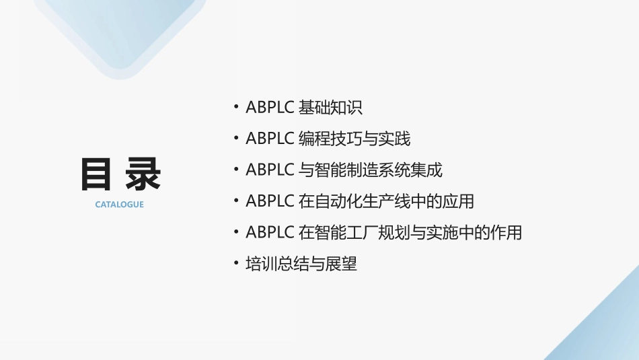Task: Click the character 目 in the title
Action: (x=96, y=175)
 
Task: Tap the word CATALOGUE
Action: (x=119, y=205)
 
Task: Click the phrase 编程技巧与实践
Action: (x=354, y=139)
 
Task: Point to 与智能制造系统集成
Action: (x=370, y=170)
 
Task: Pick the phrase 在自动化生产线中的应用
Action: (x=385, y=201)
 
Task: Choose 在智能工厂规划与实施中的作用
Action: (x=410, y=233)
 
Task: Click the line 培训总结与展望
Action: (x=301, y=264)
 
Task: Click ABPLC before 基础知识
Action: (x=270, y=107)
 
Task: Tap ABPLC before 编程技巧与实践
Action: (x=270, y=139)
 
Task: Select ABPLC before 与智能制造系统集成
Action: (x=270, y=170)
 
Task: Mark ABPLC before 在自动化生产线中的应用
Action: (x=270, y=201)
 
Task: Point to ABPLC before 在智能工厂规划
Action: (x=270, y=233)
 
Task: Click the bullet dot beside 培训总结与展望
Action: (x=235, y=263)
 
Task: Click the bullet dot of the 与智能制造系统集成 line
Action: (x=235, y=169)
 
